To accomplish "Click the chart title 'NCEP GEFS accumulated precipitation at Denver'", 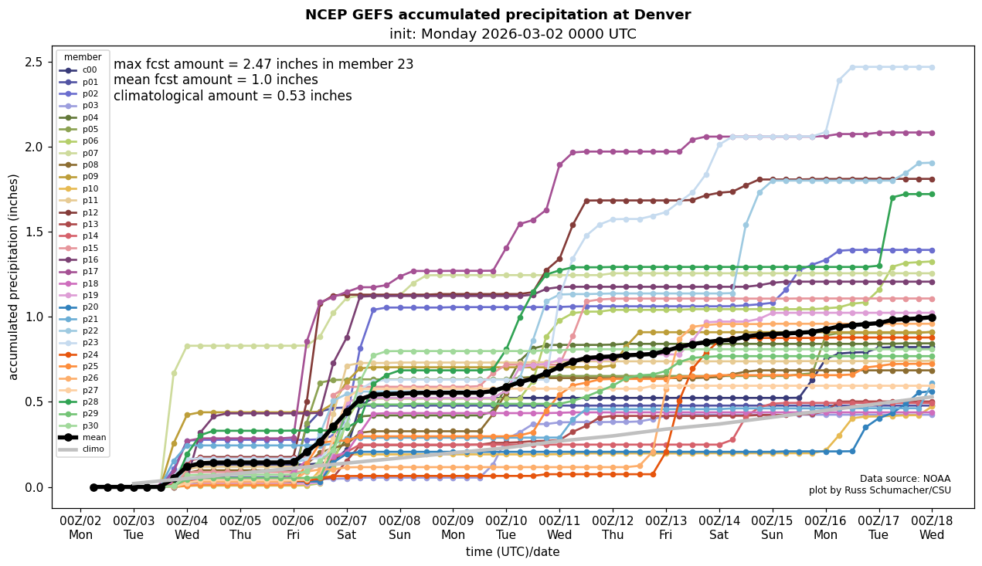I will pos(498,15).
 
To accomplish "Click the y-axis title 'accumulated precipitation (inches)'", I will pos(14,276).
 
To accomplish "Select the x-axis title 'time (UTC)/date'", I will pos(512,552).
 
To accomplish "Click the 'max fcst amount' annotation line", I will pos(263,64).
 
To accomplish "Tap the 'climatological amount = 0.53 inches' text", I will pos(233,96).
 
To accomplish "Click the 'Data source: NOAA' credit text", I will pos(905,479).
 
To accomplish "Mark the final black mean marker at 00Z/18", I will pos(932,317).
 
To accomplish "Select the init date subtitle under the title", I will pos(512,34).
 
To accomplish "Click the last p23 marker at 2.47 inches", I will pos(932,67).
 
